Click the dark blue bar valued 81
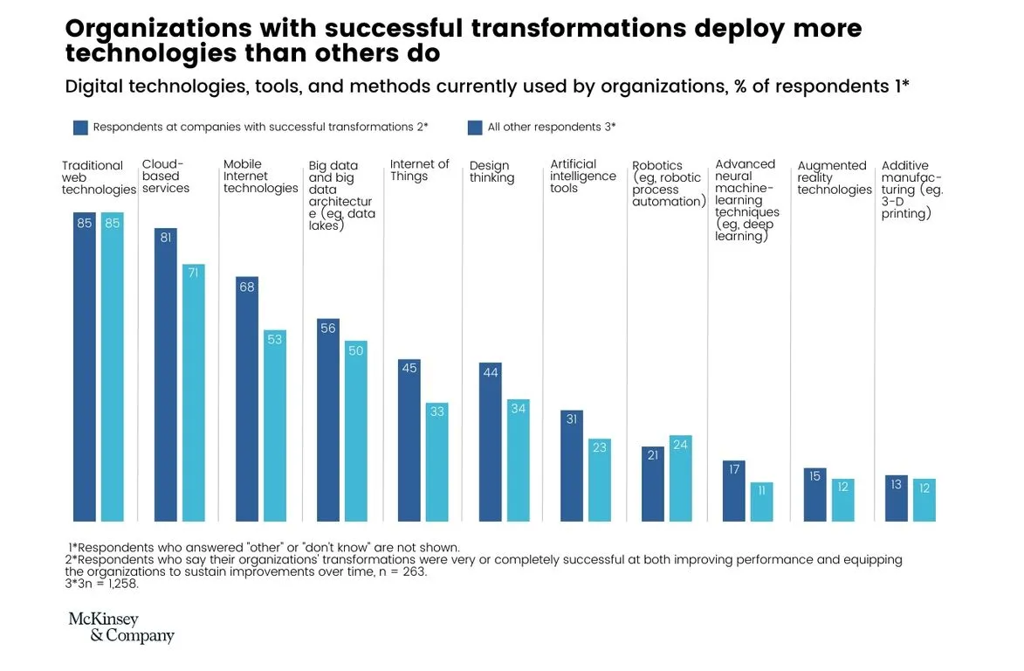point(166,376)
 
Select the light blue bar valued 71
point(193,393)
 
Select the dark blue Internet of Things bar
point(409,440)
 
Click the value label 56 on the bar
point(328,329)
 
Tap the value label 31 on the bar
point(572,419)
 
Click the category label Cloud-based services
point(166,176)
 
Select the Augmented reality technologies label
point(834,177)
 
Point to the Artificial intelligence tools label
point(582,176)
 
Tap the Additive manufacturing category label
point(912,190)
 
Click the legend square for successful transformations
point(80,128)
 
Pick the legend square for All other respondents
point(475,128)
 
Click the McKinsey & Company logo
point(121,627)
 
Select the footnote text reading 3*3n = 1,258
point(102,585)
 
